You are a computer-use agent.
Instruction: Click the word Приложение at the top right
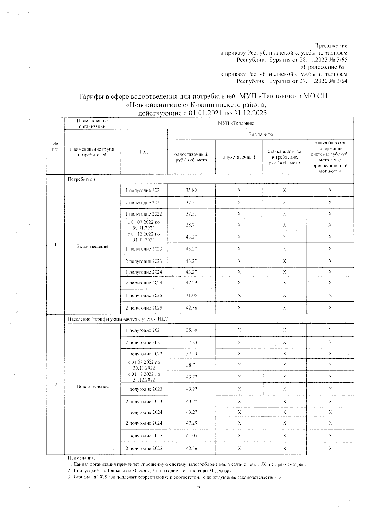click(x=333, y=46)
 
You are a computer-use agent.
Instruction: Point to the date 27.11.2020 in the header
click(x=313, y=81)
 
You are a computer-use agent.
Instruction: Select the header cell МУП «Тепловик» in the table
click(x=236, y=124)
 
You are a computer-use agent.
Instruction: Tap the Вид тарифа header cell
click(x=260, y=134)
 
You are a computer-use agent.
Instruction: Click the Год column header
click(x=144, y=152)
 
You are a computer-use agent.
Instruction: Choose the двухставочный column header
click(x=239, y=157)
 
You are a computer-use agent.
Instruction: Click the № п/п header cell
click(x=55, y=146)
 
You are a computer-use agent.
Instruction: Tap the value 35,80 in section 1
click(x=191, y=190)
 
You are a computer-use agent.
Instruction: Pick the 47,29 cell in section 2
click(x=191, y=423)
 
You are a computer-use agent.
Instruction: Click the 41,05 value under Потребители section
click(x=191, y=295)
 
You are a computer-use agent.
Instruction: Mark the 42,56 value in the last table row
click(x=191, y=449)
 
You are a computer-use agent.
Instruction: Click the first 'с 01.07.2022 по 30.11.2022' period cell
click(x=144, y=225)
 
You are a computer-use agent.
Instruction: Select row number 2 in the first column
click(x=55, y=385)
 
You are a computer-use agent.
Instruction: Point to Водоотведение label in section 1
click(x=92, y=247)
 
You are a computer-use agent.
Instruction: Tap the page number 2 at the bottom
click(x=199, y=488)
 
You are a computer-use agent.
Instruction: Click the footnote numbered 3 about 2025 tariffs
click(x=175, y=477)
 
